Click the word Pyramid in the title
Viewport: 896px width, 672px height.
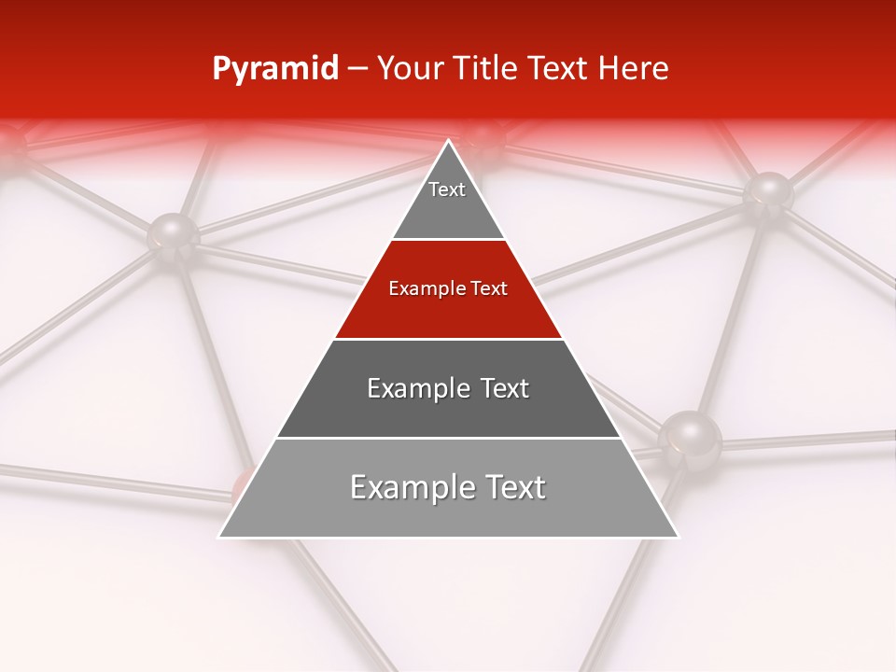pos(275,69)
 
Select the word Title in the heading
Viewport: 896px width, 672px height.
pos(490,69)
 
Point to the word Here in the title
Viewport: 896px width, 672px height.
pos(634,69)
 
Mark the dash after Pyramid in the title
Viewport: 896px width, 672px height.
pos(357,70)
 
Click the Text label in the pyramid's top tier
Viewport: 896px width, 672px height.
pos(447,189)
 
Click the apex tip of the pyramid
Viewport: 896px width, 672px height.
pos(448,141)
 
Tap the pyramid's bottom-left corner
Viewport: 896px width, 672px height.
pos(219,537)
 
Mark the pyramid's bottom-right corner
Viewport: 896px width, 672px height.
pos(678,537)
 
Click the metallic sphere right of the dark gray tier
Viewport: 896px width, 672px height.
pos(690,436)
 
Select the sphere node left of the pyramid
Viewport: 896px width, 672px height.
pos(174,234)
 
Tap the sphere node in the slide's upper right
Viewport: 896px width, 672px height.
pos(768,192)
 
